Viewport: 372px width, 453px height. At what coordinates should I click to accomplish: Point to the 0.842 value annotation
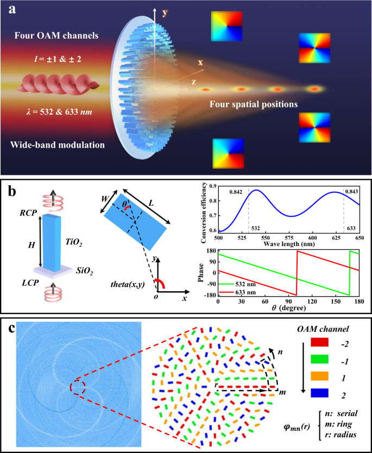point(236,192)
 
